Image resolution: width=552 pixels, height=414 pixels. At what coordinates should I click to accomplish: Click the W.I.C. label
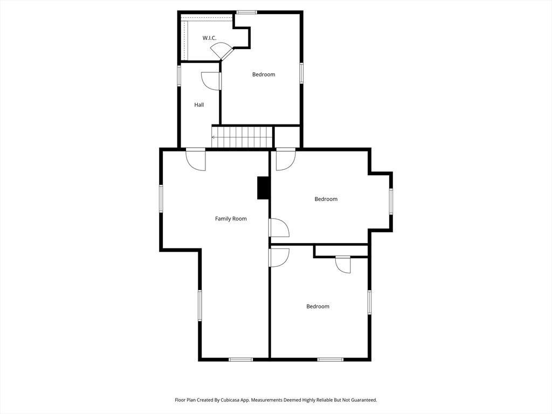209,38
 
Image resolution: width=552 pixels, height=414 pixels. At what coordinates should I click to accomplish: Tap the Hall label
199,105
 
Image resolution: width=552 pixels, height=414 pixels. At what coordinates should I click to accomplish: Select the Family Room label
231,219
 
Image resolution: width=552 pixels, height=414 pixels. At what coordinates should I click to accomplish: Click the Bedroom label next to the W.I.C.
264,74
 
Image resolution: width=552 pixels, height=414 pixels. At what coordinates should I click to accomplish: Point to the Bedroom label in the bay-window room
326,199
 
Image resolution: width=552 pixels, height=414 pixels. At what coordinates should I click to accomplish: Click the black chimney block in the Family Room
263,188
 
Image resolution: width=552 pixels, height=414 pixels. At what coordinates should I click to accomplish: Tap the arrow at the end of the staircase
214,137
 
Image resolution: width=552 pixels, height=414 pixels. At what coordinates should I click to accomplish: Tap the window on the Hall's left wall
180,75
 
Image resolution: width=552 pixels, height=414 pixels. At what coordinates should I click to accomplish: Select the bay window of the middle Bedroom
391,201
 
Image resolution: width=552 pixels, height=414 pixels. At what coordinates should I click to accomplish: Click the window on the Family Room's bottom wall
240,359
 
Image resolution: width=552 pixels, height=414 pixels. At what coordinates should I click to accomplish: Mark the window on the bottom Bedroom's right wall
370,302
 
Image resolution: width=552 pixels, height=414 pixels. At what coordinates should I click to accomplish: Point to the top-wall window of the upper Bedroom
247,12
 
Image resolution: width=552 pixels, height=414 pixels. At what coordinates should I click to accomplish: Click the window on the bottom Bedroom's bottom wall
330,359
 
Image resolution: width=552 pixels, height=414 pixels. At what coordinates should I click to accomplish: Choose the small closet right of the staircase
287,136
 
